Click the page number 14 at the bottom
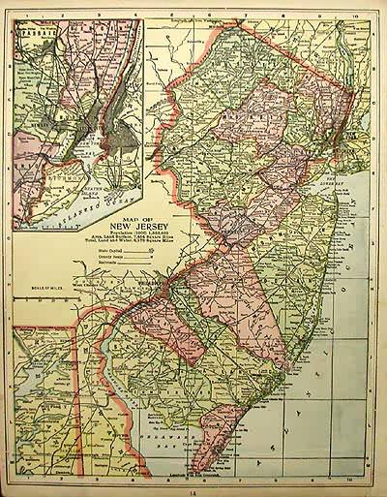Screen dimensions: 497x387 pyautogui.click(x=193, y=490)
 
